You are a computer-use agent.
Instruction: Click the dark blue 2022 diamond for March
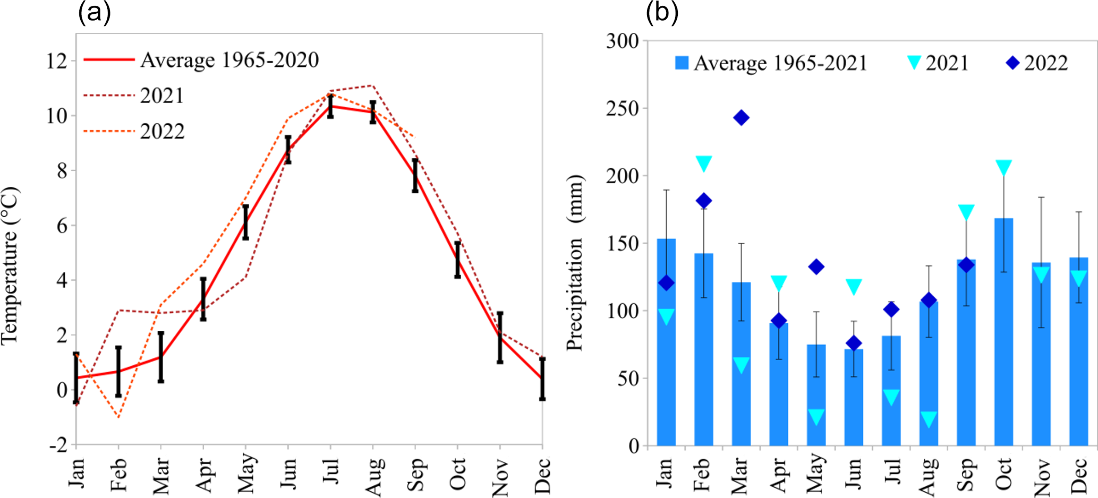point(741,117)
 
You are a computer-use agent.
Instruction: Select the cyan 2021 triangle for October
point(1003,167)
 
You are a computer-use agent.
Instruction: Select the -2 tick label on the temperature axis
point(58,445)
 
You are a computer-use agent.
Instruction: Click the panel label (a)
point(95,13)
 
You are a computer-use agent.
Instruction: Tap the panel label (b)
point(662,13)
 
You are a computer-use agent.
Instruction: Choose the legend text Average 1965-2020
point(229,60)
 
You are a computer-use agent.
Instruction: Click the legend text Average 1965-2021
point(780,63)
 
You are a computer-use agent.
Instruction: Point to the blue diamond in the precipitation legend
point(1012,63)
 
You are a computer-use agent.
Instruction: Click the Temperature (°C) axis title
point(11,265)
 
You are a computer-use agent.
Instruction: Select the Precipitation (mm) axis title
point(575,263)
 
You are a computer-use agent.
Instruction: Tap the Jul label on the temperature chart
point(330,471)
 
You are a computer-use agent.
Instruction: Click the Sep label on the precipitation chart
point(966,474)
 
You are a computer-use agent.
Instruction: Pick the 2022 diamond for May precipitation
point(816,267)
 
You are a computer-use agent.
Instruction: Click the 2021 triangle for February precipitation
point(704,163)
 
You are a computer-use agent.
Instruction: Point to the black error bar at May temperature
point(245,222)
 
